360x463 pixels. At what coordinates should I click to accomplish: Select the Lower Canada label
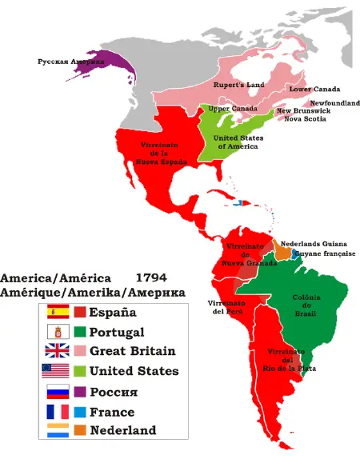314,89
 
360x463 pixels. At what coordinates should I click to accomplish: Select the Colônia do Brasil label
307,305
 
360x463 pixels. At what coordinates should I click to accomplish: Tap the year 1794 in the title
152,278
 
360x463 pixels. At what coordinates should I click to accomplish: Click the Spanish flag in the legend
58,312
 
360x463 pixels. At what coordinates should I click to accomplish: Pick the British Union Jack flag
58,351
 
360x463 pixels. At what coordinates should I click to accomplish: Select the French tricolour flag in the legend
58,412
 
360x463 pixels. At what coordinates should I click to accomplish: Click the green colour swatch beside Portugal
80,332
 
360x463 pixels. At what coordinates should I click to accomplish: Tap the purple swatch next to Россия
80,392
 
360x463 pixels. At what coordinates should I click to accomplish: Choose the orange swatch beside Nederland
80,431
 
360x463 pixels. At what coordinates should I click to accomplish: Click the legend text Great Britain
132,351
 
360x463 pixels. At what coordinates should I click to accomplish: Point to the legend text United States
134,371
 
